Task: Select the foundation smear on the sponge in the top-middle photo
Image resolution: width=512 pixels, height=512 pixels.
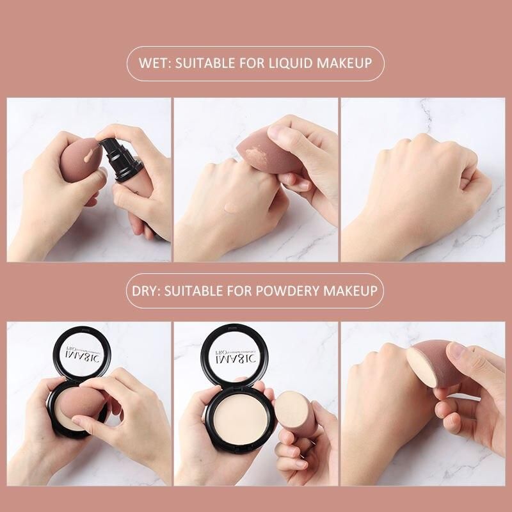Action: (x=259, y=154)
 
